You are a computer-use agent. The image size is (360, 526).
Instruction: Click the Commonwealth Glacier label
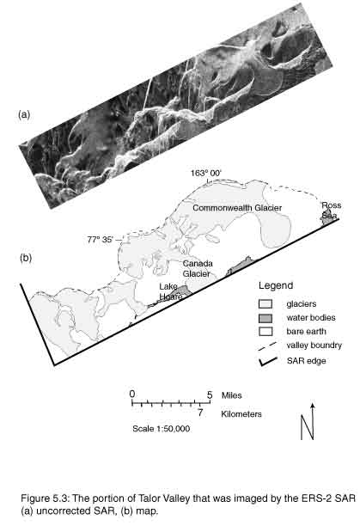click(237, 208)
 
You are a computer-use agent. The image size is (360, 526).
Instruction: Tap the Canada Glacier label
click(198, 268)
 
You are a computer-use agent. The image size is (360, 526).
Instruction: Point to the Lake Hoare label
click(171, 291)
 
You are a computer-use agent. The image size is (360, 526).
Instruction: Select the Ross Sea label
click(331, 211)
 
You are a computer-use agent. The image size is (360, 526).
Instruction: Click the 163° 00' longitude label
click(206, 173)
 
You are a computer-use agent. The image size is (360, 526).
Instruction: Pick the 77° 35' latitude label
click(101, 240)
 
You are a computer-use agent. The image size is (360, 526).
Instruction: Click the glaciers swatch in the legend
click(265, 304)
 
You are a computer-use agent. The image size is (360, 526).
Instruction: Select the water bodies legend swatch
click(265, 318)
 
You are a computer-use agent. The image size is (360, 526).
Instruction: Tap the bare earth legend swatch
click(265, 332)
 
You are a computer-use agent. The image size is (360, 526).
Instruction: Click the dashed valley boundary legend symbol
click(267, 346)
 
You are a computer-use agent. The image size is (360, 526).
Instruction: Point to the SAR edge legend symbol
click(267, 361)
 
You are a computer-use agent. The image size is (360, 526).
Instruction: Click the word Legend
click(276, 286)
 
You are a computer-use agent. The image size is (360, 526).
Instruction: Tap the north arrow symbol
click(308, 422)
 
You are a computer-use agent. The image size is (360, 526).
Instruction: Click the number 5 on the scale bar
click(210, 394)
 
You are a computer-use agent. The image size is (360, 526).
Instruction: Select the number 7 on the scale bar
click(200, 413)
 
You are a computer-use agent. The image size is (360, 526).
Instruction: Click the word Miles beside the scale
click(231, 395)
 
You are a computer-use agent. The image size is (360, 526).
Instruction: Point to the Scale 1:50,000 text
click(161, 428)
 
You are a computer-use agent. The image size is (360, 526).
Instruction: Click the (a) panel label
click(24, 114)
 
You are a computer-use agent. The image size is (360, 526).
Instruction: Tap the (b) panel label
click(26, 258)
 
